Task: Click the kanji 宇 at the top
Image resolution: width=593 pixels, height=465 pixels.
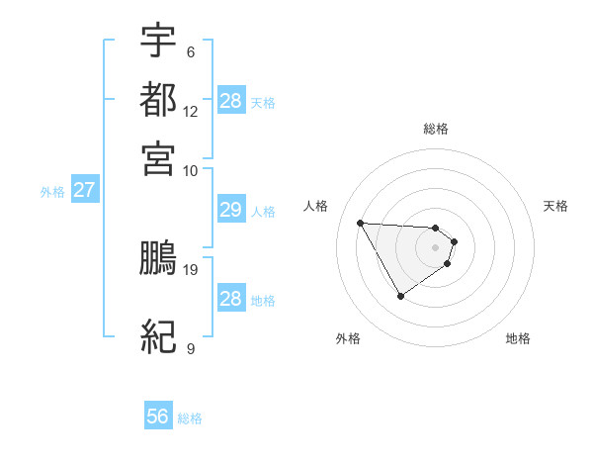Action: (158, 41)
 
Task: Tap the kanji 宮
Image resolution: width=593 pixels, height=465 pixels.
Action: (158, 156)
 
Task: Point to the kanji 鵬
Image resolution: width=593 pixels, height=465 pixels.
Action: (158, 258)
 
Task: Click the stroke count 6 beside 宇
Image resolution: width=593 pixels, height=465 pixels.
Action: (190, 52)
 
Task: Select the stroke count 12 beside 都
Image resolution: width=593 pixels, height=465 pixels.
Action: (191, 112)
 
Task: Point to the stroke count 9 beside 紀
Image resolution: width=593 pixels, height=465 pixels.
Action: (190, 348)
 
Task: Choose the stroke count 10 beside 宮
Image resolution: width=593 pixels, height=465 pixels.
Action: (191, 170)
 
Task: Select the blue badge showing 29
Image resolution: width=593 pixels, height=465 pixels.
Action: (230, 210)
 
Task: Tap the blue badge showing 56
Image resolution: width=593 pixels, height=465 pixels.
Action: (157, 417)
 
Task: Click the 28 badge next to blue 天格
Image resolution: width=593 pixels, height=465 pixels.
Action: (230, 101)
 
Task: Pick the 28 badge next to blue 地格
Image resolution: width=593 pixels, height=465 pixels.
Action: (230, 299)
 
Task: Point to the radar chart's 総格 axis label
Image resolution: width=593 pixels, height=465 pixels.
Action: (436, 129)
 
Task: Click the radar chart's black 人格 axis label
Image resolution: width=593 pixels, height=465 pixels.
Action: (316, 206)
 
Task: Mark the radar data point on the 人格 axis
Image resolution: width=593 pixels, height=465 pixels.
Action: (360, 222)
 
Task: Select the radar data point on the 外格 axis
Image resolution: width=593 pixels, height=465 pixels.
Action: (400, 296)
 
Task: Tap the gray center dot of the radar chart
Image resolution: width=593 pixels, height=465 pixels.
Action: (436, 247)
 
